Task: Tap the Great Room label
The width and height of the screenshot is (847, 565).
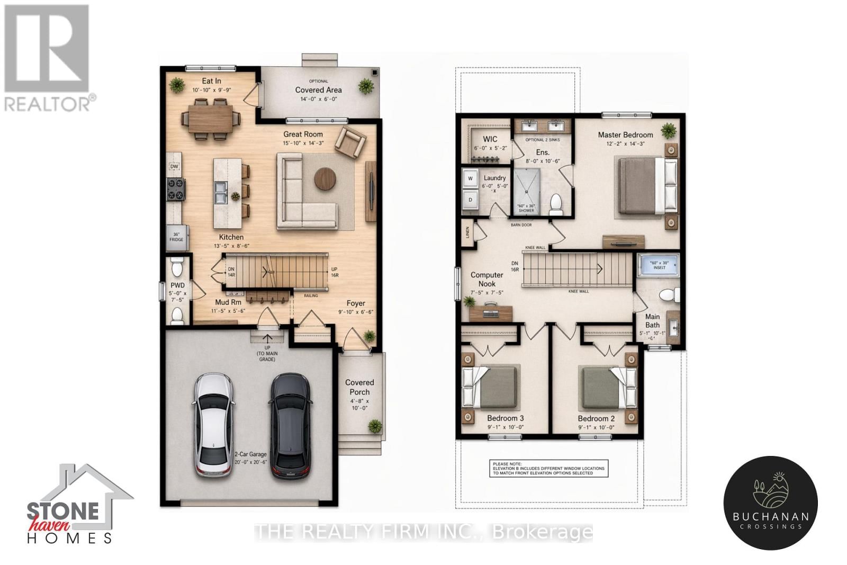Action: [x=303, y=134]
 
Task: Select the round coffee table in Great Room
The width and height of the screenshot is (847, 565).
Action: [x=325, y=178]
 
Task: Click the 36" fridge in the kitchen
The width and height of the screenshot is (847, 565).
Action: [x=176, y=237]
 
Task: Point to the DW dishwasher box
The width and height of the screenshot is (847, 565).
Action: [x=174, y=166]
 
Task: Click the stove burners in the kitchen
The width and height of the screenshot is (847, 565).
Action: [x=176, y=190]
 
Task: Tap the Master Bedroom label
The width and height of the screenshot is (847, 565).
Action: [x=625, y=135]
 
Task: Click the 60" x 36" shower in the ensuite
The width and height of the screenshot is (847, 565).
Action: [x=526, y=190]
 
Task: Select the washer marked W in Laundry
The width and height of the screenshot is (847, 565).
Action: [x=470, y=179]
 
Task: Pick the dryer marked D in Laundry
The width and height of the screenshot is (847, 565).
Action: [x=470, y=200]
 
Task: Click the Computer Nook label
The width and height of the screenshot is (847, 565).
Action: [x=486, y=279]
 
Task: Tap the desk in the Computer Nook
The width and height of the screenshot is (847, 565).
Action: [x=490, y=313]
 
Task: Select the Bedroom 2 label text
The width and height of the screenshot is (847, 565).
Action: [x=596, y=418]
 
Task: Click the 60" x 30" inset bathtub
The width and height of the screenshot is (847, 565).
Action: [x=659, y=265]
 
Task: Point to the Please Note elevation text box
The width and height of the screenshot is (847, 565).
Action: [x=548, y=469]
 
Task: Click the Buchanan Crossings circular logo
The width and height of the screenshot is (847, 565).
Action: [x=770, y=503]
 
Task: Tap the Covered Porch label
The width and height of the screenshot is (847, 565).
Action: [x=359, y=387]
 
